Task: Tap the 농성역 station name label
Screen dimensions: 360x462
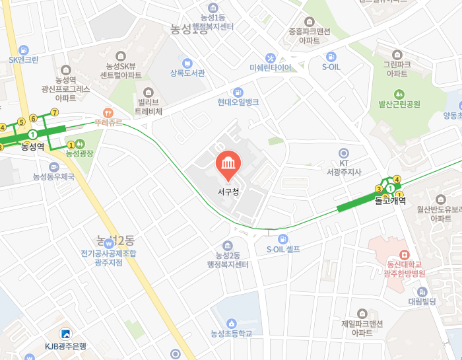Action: point(32,146)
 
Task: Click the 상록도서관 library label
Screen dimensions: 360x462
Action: point(187,73)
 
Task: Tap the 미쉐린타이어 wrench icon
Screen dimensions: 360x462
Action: point(270,57)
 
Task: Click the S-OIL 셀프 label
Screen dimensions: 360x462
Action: point(283,249)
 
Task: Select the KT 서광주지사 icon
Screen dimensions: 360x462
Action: point(343,153)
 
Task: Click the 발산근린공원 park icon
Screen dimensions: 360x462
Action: point(399,94)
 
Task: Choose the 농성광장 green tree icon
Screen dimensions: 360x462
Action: point(80,143)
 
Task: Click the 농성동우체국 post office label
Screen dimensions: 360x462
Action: point(53,176)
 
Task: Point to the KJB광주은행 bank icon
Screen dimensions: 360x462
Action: point(65,334)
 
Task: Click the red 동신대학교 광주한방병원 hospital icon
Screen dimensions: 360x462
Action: point(404,254)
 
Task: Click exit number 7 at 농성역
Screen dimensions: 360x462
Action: point(54,112)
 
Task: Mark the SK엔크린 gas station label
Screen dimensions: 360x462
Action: point(24,59)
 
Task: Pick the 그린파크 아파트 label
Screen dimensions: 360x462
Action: point(397,69)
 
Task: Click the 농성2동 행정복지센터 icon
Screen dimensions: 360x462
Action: point(228,245)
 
